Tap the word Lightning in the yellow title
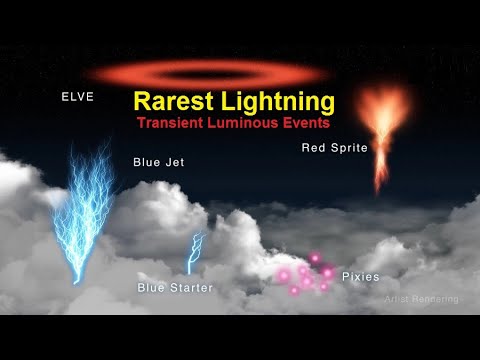pyautogui.click(x=277, y=102)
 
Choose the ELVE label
pyautogui.click(x=76, y=97)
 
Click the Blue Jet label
pyautogui.click(x=158, y=161)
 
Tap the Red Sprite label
pyautogui.click(x=334, y=148)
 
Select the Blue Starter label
pyautogui.click(x=175, y=288)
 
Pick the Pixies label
pyautogui.click(x=359, y=275)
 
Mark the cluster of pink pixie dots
pyautogui.click(x=306, y=274)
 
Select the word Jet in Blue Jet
pyautogui.click(x=173, y=161)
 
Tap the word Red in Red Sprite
pyautogui.click(x=312, y=148)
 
